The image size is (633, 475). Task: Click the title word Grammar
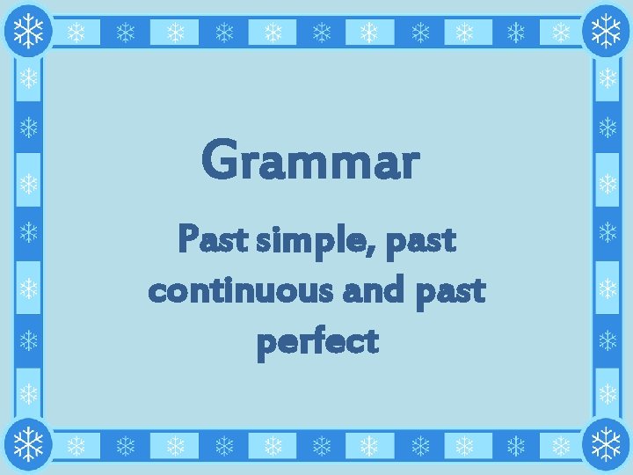coord(310,161)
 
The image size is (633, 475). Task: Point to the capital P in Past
coord(187,239)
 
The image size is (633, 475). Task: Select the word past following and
coord(454,291)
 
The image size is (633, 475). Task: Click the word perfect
coord(317,342)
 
